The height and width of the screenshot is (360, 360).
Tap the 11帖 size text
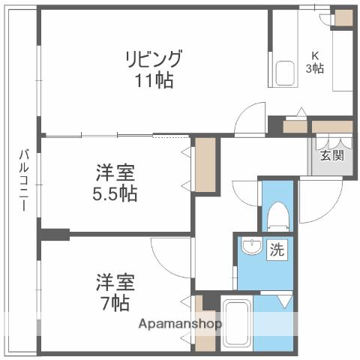pyautogui.click(x=153, y=79)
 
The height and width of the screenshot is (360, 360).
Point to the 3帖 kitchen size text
pyautogui.click(x=315, y=67)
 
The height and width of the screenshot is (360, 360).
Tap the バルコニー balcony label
pyautogui.click(x=23, y=180)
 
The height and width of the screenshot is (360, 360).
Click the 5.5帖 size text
pyautogui.click(x=115, y=193)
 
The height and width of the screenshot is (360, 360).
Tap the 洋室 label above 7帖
pyautogui.click(x=115, y=283)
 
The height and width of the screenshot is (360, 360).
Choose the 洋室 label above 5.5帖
pyautogui.click(x=115, y=173)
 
